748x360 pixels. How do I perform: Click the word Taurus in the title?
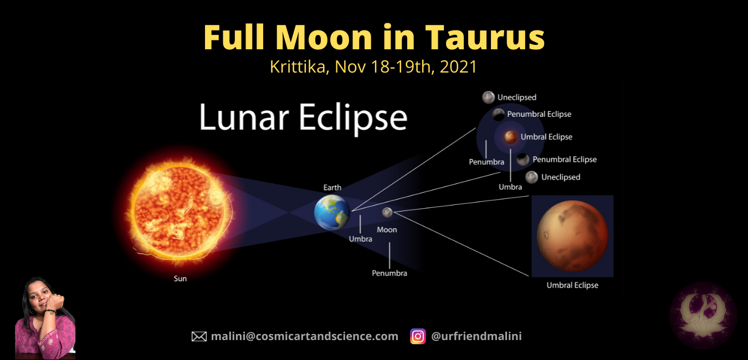(x=485, y=38)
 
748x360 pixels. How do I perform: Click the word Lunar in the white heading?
(x=237, y=117)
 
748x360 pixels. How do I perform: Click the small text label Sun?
(x=180, y=279)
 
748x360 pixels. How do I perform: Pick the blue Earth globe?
(x=332, y=213)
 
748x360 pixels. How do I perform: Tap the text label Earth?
(x=332, y=187)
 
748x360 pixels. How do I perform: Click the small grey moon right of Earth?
(x=387, y=212)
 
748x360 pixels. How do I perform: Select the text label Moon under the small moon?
(x=387, y=229)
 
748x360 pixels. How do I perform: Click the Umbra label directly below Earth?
(x=360, y=239)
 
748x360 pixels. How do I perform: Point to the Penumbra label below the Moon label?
(x=390, y=273)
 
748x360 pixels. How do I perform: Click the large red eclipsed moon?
(x=572, y=235)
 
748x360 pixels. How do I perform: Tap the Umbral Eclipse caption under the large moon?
(x=572, y=285)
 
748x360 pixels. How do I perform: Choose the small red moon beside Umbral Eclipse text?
(x=510, y=137)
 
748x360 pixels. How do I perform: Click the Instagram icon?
(x=418, y=336)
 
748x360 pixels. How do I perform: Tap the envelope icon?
(x=199, y=336)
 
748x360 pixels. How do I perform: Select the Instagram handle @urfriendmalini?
(x=477, y=336)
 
